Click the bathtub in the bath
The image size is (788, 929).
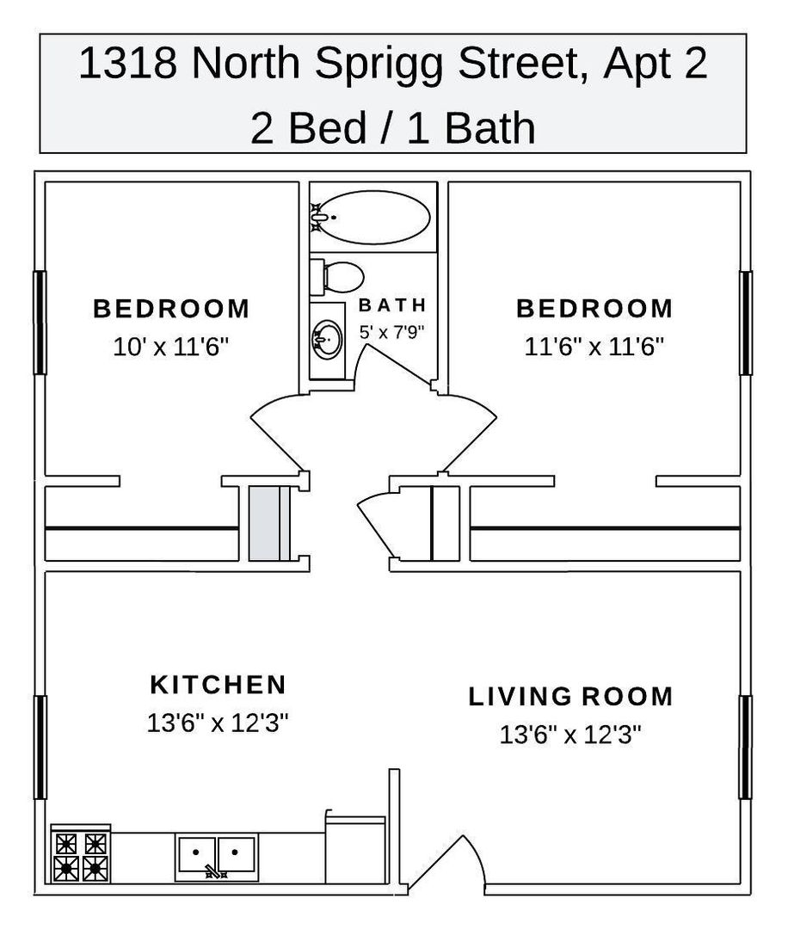pos(372,217)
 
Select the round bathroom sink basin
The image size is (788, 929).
pos(327,340)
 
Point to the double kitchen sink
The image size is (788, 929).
pos(216,856)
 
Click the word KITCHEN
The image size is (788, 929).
pos(218,685)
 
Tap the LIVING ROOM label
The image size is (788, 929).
pos(570,696)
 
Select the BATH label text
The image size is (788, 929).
pos(392,305)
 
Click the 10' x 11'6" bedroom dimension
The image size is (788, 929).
pos(170,347)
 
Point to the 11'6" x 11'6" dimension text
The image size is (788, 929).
pos(594,347)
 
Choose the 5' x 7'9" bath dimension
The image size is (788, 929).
pos(392,332)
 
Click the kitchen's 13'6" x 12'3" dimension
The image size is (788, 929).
pos(218,723)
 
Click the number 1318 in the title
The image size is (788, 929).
pos(127,63)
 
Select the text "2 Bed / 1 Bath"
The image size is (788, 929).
pos(393,127)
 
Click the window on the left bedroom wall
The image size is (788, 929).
pos(39,323)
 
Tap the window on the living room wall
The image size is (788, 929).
pos(746,748)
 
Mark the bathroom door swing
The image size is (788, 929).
pos(391,367)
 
